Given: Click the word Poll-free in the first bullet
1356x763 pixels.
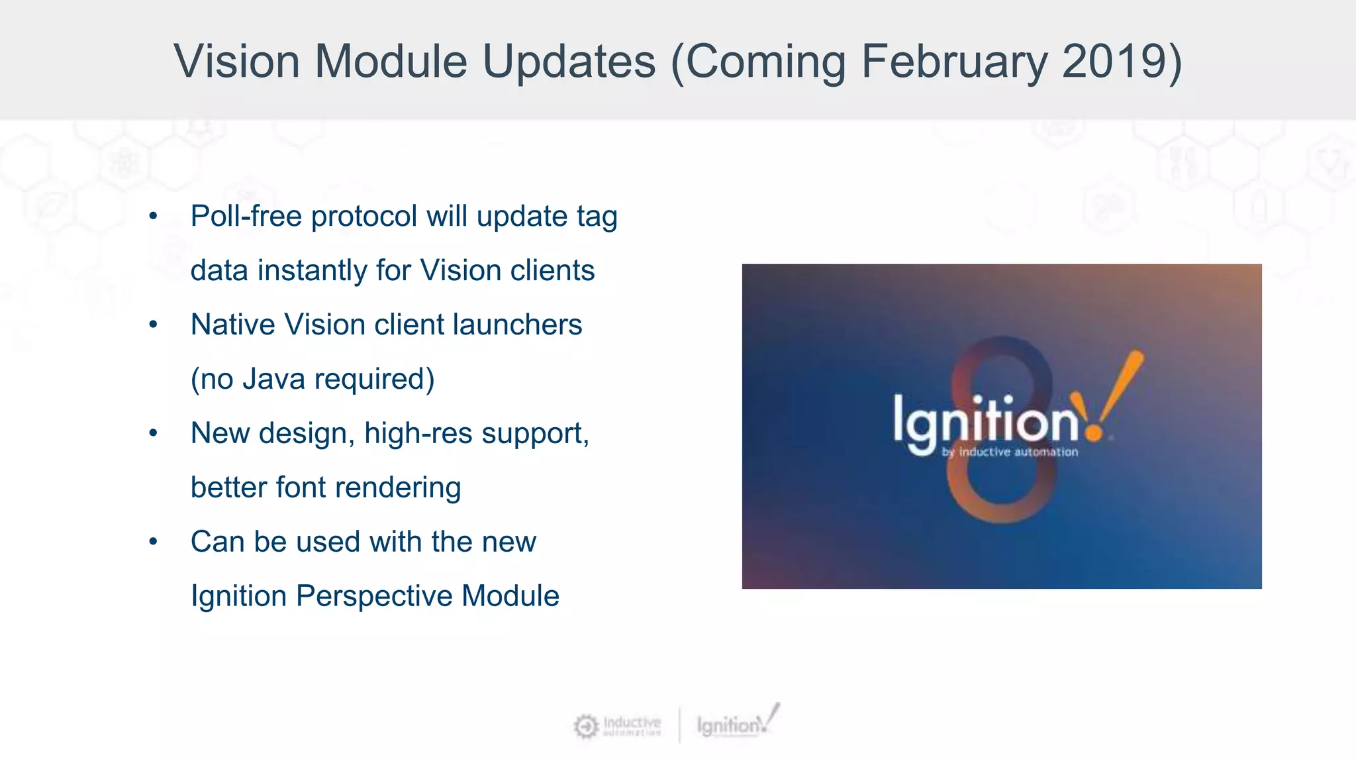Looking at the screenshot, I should (246, 217).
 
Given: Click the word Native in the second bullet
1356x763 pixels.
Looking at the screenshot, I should (232, 325).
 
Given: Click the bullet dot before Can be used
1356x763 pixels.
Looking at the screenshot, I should (153, 542).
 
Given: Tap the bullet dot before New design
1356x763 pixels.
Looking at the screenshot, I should (153, 434).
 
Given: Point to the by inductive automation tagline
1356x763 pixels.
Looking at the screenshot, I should (1010, 452).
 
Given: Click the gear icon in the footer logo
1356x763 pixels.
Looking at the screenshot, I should (586, 727).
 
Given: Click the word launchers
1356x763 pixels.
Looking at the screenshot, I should (517, 325).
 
